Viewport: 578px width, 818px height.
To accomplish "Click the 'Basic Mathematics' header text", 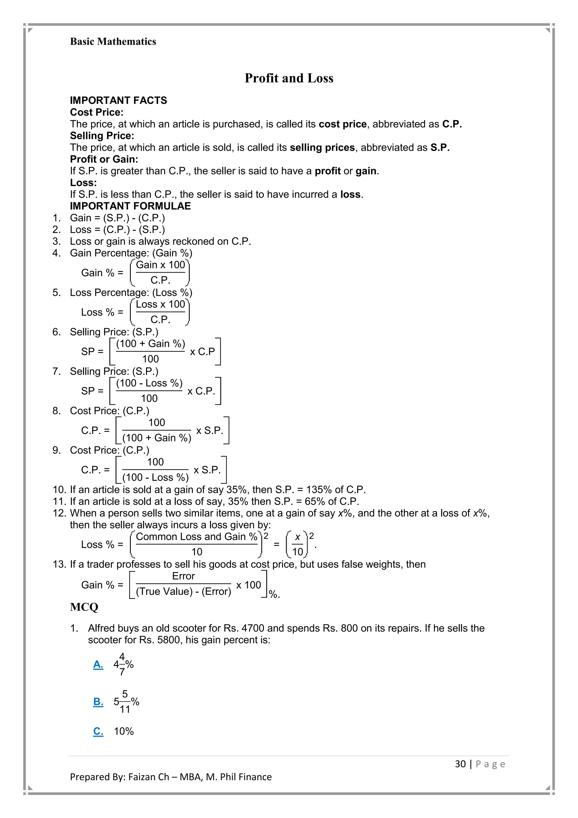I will coord(113,42).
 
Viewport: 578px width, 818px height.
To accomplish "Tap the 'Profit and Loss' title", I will coord(289,78).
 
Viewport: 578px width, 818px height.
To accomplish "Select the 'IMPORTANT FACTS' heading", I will coord(118,101).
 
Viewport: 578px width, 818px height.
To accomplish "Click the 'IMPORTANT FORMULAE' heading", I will coord(130,206).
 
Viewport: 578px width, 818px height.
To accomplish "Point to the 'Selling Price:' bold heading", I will coord(102,136).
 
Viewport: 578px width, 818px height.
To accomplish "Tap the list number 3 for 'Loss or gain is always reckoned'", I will coord(57,241).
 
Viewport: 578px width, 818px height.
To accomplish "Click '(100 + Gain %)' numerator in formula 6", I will coord(150,344).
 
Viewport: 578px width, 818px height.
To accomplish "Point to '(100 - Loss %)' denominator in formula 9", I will coord(155,477).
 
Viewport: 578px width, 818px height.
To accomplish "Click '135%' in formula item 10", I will coord(319,490).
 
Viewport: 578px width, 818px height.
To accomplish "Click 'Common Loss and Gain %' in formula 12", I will coord(196,537).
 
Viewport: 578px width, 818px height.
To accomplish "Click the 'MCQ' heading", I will coord(84,607).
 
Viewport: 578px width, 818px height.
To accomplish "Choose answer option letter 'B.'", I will coord(98,702).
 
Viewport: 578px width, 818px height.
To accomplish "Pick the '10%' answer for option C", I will coord(124,731).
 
